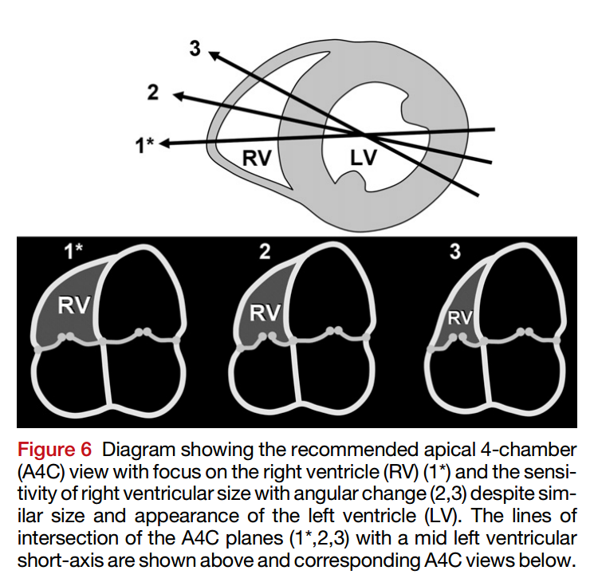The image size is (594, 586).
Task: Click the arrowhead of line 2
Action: click(179, 96)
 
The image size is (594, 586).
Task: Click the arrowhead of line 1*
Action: click(165, 144)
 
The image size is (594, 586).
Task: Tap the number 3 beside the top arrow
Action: click(195, 49)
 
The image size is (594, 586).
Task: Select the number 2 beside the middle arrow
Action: click(152, 92)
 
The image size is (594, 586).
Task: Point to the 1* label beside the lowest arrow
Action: click(144, 145)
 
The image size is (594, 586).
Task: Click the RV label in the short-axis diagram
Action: click(257, 158)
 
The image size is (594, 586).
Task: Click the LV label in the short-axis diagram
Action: click(364, 158)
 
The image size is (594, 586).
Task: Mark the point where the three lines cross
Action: click(363, 134)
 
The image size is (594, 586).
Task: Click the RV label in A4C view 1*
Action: click(74, 305)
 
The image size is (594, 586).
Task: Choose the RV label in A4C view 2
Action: click(265, 313)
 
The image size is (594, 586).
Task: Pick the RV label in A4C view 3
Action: click(460, 317)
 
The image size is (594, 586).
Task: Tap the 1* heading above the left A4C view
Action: click(73, 251)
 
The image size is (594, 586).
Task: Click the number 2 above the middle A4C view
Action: click(265, 251)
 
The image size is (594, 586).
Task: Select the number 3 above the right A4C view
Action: click(455, 251)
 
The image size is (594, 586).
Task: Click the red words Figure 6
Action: click(54, 450)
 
